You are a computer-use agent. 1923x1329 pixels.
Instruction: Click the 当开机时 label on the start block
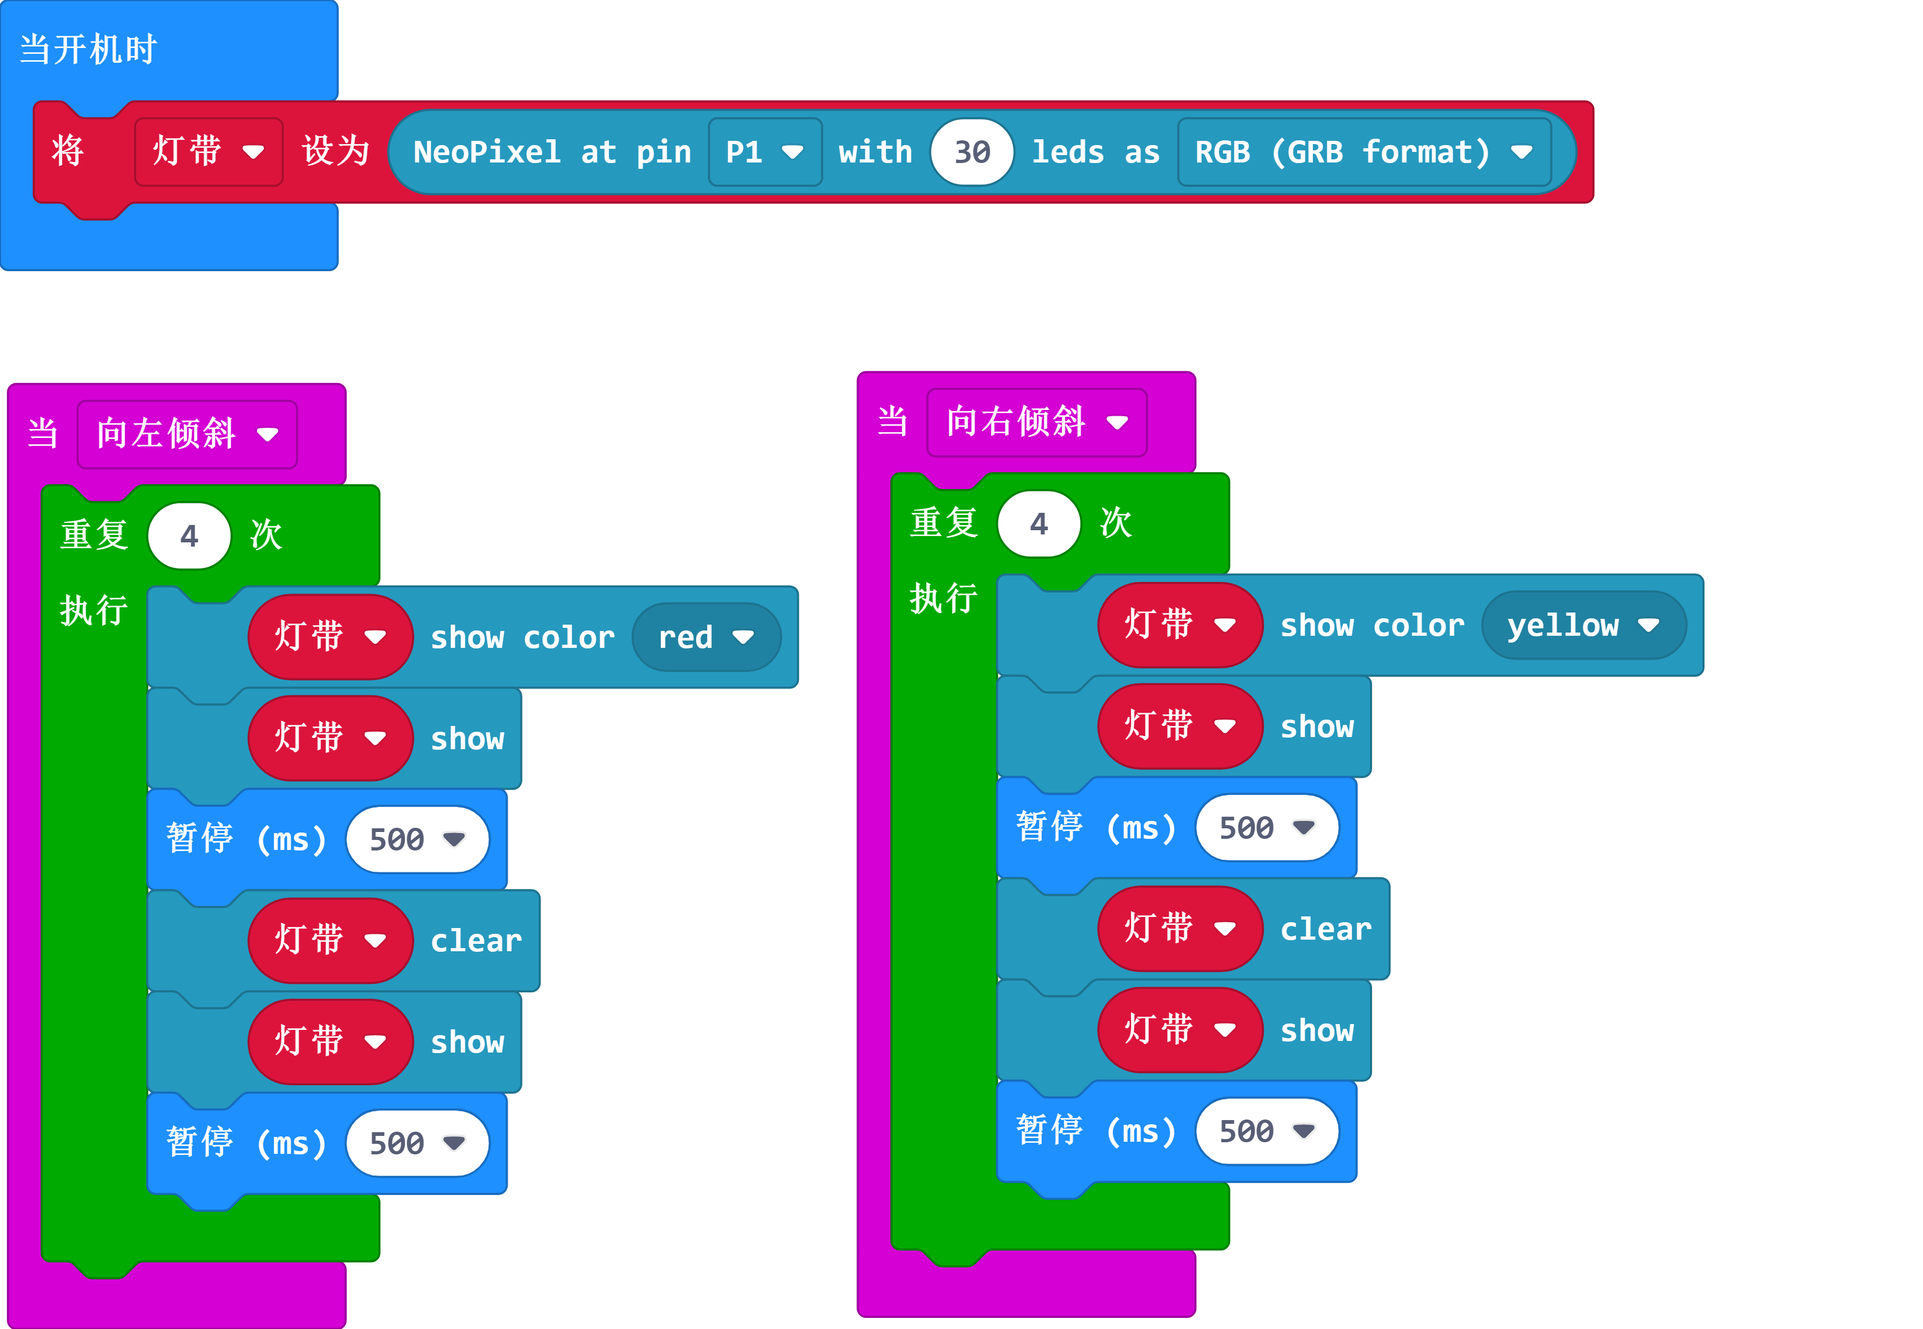(88, 50)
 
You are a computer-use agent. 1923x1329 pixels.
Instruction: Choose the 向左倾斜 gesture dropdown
(187, 434)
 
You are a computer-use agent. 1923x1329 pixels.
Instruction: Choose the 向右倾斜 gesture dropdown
(1036, 422)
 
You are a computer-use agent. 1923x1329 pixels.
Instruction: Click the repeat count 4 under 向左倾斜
(189, 536)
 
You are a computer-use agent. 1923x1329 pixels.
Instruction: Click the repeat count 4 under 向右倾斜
(1039, 524)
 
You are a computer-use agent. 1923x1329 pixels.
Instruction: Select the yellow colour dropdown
(1583, 625)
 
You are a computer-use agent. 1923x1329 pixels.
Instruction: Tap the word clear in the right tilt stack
(1326, 929)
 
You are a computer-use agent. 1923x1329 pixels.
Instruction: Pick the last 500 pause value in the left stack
(416, 1143)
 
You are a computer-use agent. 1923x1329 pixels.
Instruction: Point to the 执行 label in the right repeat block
(944, 599)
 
